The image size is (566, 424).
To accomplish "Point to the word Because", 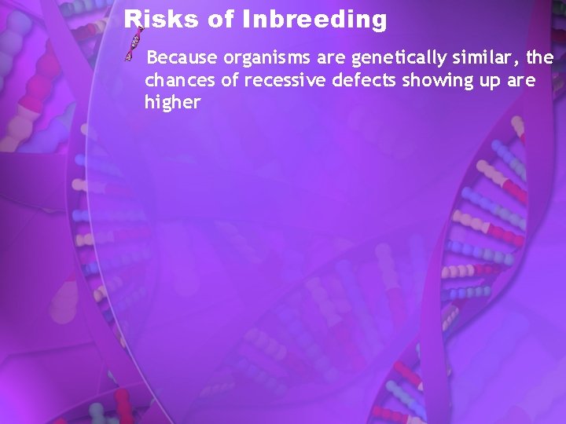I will click(183, 58).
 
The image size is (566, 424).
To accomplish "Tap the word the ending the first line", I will click(541, 58).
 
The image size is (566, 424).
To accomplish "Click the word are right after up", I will click(520, 80).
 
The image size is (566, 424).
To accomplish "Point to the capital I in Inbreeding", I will click(247, 20).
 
